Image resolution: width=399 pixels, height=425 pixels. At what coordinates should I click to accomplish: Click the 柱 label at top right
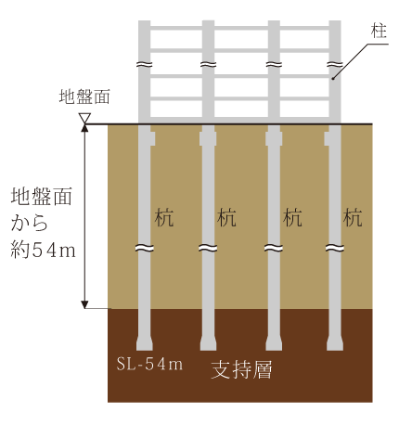tap(380, 32)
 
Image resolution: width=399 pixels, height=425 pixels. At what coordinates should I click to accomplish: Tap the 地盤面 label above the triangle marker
tap(84, 97)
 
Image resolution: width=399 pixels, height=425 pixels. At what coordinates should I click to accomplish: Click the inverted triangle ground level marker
tap(84, 118)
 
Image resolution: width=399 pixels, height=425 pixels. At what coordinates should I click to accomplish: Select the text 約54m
tap(43, 250)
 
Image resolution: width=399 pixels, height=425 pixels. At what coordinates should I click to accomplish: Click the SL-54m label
tap(149, 364)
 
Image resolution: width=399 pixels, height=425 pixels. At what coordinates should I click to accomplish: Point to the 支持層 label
tap(241, 369)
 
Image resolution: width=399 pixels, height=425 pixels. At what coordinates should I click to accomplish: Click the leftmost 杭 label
tap(163, 217)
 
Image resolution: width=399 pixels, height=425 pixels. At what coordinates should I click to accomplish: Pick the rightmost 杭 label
tap(353, 217)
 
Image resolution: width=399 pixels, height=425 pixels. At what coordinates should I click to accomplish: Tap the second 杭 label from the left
tap(226, 217)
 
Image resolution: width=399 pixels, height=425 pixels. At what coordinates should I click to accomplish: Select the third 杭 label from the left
tap(292, 217)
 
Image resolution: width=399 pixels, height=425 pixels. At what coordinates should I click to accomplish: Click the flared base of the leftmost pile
tap(145, 343)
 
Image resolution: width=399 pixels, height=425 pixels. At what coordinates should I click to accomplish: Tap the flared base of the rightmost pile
tap(335, 343)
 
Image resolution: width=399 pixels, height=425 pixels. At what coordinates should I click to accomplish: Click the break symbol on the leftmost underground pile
tap(145, 248)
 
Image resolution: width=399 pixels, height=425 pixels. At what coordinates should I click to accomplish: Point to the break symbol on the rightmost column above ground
tap(335, 65)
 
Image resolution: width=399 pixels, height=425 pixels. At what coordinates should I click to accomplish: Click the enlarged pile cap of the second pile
tap(208, 138)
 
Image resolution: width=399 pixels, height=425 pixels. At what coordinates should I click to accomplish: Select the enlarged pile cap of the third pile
tap(274, 138)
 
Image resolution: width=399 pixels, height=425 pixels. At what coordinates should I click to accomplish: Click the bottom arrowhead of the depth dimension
tap(84, 304)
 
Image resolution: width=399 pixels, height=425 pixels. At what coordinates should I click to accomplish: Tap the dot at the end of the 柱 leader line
tap(333, 79)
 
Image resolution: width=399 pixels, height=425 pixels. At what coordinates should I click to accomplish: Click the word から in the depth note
tap(30, 223)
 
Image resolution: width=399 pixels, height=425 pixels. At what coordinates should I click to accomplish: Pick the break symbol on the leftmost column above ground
tap(145, 65)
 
